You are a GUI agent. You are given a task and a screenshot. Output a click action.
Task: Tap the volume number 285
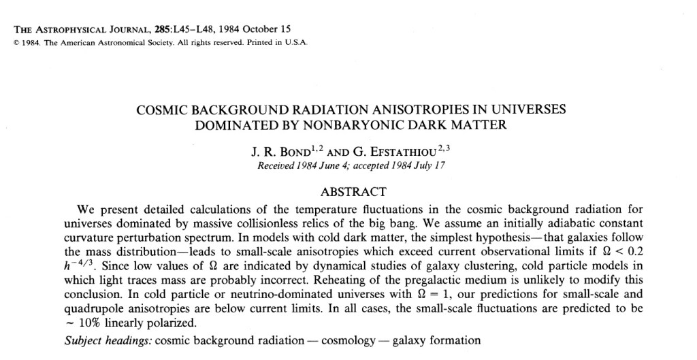pyautogui.click(x=165, y=29)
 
